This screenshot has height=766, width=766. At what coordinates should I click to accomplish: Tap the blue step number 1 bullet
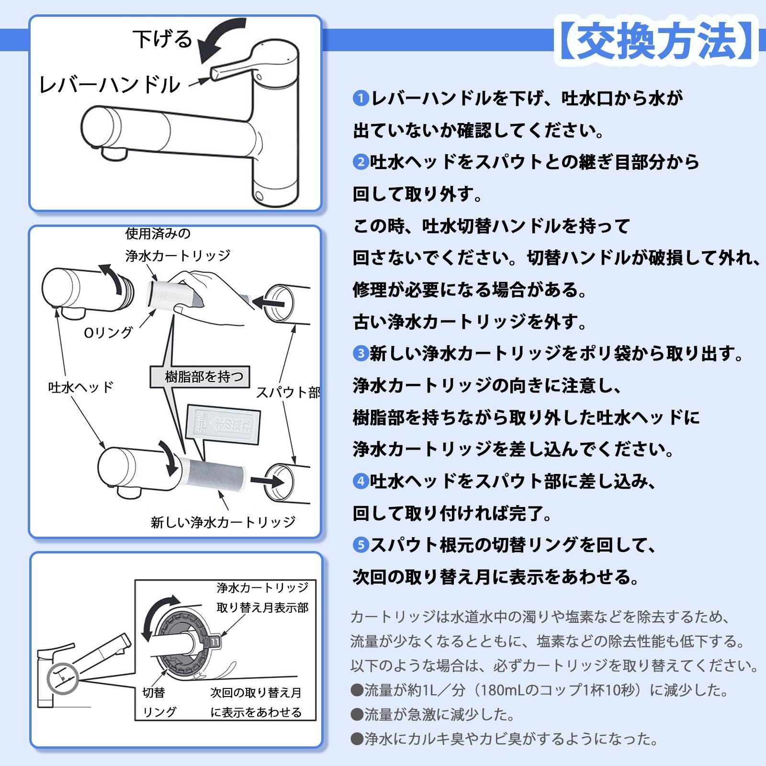coord(360,99)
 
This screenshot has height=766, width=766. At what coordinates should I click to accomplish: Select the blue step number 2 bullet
coord(360,162)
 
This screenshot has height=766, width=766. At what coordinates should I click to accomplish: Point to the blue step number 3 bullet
coord(360,354)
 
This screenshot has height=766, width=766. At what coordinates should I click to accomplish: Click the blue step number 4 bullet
coord(360,481)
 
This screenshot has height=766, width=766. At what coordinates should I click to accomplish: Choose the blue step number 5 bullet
coord(360,545)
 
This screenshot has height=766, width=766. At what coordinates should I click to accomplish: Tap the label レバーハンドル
coord(109,85)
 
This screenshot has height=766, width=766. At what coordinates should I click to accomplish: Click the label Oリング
coord(108,332)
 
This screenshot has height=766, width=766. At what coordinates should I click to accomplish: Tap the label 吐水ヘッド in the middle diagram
coord(81,387)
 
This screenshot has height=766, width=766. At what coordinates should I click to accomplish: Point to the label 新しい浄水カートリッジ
coord(223,522)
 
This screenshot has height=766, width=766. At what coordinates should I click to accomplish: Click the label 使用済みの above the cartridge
coord(158,234)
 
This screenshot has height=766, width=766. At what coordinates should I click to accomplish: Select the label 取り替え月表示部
coord(262,608)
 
